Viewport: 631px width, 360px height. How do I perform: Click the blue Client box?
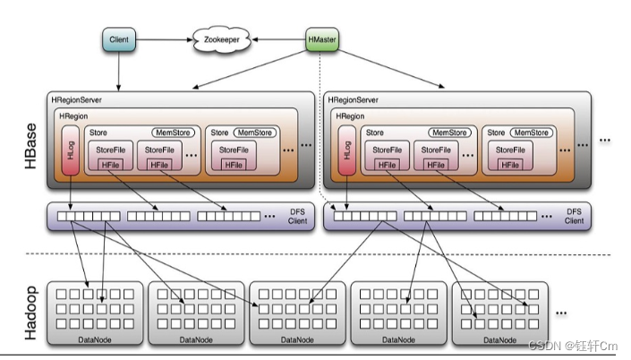[x=119, y=39]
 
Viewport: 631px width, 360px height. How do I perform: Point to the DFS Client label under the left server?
[x=297, y=216]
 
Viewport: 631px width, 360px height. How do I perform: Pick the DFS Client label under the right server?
[x=574, y=216]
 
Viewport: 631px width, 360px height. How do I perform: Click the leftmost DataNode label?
[x=96, y=340]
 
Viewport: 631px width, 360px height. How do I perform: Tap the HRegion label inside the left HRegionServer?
[x=74, y=116]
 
